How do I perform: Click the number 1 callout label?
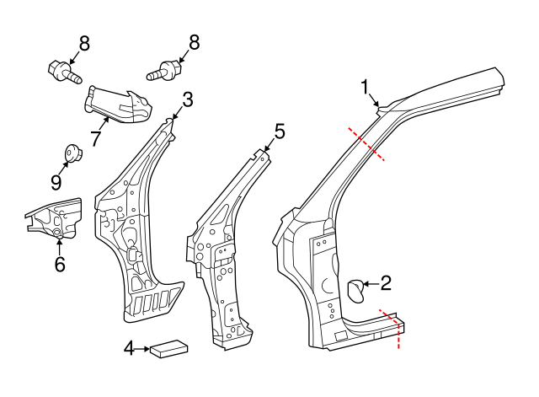coord(366,86)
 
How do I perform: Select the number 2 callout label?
coord(386,283)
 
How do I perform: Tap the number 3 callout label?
coord(187,99)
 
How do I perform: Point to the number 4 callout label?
coord(129,347)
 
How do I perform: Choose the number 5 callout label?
coord(279,131)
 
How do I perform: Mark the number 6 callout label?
coord(59,264)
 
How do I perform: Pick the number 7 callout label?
coord(96,137)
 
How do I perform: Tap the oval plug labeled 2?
coord(356,289)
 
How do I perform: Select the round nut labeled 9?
coord(72,153)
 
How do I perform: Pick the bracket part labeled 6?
coord(56,219)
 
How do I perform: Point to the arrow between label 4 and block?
coord(142,347)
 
